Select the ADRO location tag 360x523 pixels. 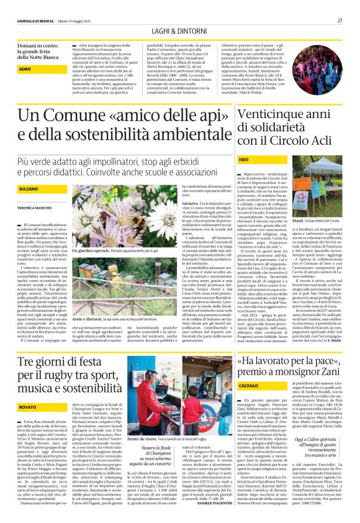click(x=24, y=70)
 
